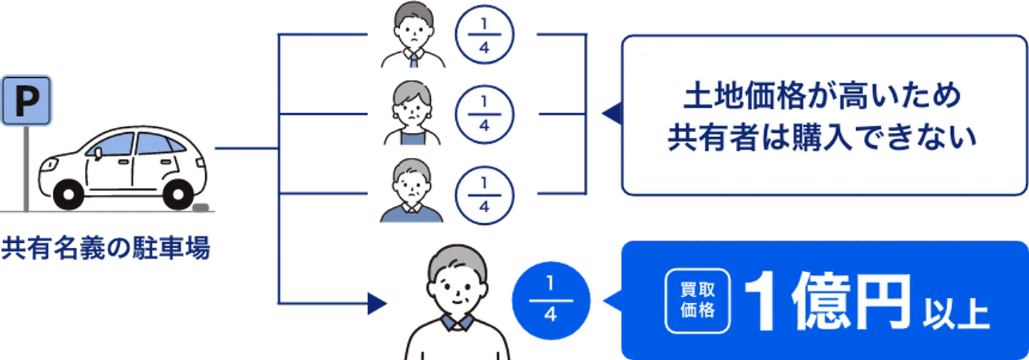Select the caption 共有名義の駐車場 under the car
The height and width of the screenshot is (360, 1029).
point(106,251)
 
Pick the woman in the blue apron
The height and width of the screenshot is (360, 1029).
point(412,116)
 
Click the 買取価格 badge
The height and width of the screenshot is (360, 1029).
point(697,301)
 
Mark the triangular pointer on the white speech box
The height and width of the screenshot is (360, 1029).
point(608,114)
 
